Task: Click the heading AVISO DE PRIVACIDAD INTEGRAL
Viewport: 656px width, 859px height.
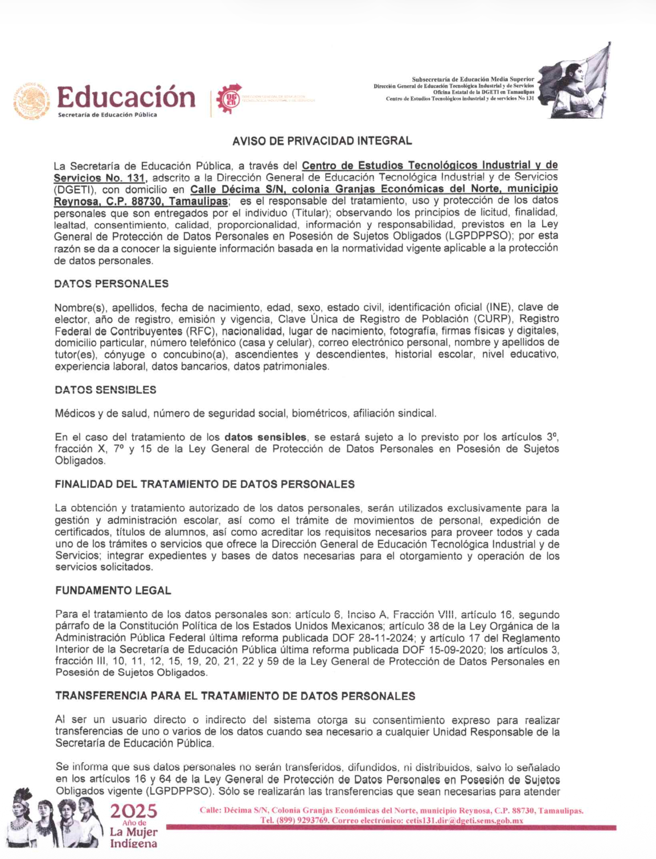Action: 322,141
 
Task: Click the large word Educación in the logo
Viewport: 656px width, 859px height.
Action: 126,97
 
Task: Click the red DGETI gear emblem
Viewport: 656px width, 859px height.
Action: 229,99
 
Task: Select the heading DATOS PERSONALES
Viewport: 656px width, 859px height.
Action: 112,283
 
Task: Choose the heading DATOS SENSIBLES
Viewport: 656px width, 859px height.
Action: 105,390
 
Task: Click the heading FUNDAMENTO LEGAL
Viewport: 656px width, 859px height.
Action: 113,590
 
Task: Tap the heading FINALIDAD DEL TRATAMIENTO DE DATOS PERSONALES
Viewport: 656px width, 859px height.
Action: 204,484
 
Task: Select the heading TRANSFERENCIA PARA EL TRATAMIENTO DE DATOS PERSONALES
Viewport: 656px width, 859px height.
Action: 235,696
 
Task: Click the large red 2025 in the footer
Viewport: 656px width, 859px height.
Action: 134,811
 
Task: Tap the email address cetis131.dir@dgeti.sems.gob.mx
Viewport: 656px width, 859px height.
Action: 464,820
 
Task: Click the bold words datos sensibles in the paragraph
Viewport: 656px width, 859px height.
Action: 265,437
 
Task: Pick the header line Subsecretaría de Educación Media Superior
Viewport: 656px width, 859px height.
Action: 473,79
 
